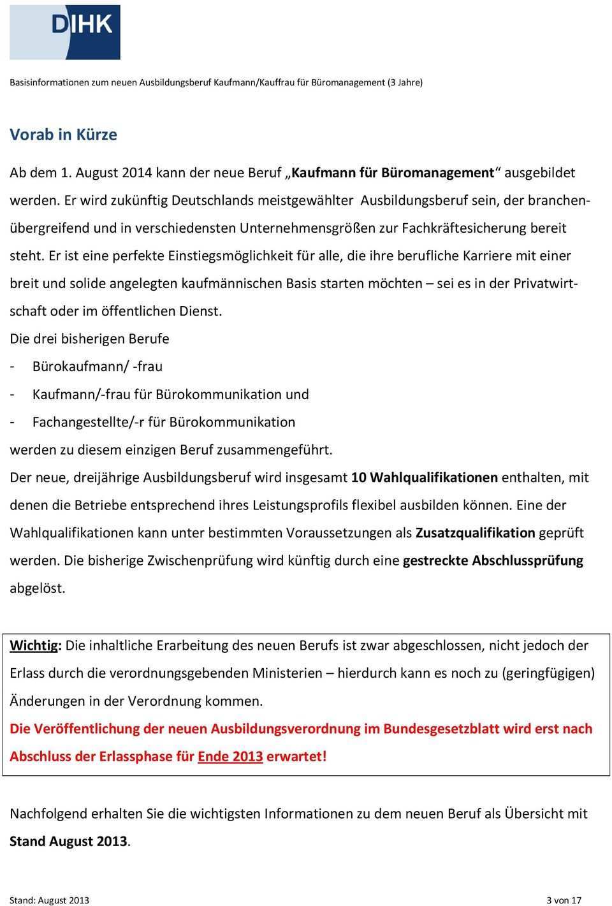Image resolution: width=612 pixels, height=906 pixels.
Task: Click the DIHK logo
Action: coord(65,31)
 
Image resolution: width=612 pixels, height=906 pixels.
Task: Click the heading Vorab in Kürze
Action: coord(63,135)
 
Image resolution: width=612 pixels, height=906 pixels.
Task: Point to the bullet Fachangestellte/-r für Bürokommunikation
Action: coord(163,422)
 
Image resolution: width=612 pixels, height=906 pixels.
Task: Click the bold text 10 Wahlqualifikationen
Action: coord(425,478)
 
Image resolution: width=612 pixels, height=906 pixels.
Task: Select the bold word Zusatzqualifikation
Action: coord(475,533)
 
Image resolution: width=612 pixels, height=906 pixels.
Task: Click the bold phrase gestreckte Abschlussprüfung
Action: coord(493,561)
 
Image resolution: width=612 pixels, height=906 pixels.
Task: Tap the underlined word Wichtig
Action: coord(34,645)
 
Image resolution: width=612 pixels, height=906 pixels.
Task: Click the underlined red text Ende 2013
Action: coord(230,757)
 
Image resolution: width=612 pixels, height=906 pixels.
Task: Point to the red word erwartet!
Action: coord(296,757)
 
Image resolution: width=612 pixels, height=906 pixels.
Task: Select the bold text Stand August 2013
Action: coord(69,842)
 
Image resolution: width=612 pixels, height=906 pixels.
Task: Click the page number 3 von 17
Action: coord(564,900)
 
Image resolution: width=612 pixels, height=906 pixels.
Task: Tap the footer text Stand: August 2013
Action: coord(49,900)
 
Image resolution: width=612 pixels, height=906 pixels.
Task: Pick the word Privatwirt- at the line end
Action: coord(545,283)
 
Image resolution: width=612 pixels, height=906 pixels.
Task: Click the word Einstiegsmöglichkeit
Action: coord(233,256)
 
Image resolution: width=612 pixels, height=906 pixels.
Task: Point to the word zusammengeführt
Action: coord(275,450)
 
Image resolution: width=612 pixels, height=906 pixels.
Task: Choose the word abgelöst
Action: coord(37,588)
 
